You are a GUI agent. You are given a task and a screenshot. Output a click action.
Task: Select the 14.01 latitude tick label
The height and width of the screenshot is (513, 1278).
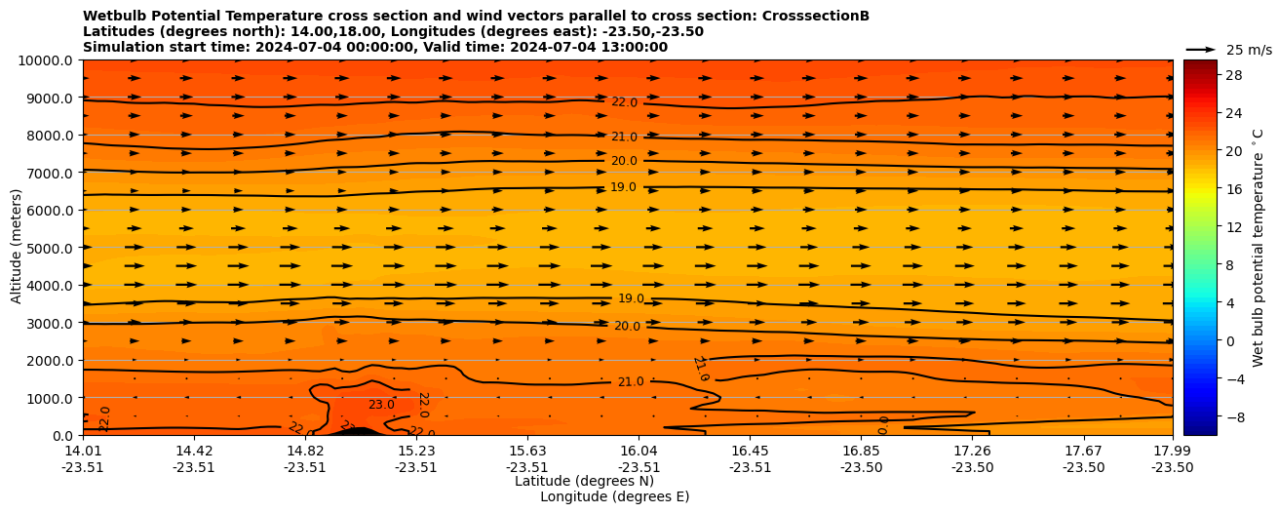click(83, 451)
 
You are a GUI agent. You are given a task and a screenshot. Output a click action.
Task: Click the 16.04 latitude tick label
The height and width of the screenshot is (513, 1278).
click(639, 451)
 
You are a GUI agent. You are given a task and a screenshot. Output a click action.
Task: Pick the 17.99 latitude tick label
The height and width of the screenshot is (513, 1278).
click(1172, 451)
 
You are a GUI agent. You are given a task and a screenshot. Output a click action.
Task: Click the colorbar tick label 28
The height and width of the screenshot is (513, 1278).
click(1234, 75)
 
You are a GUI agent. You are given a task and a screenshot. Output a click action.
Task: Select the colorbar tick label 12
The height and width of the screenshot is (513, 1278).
click(1234, 227)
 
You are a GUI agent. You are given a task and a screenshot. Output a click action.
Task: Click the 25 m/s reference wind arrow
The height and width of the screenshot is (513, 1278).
click(1201, 50)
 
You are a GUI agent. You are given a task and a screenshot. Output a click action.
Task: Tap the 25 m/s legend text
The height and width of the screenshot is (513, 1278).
click(1249, 50)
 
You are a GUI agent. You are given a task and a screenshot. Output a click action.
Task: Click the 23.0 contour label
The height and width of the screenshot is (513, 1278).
click(381, 405)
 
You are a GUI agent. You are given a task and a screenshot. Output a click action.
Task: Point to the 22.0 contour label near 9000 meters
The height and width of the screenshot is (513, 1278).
click(624, 102)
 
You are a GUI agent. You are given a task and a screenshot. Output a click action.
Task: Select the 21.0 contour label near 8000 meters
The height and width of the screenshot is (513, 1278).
click(624, 138)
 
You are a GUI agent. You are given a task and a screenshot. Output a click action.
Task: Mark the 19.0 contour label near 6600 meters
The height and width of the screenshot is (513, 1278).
click(624, 187)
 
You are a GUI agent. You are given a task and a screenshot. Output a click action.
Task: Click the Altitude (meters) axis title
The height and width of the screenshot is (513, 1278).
click(17, 248)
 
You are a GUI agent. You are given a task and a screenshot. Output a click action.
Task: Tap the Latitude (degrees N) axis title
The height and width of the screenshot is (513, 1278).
click(584, 481)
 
